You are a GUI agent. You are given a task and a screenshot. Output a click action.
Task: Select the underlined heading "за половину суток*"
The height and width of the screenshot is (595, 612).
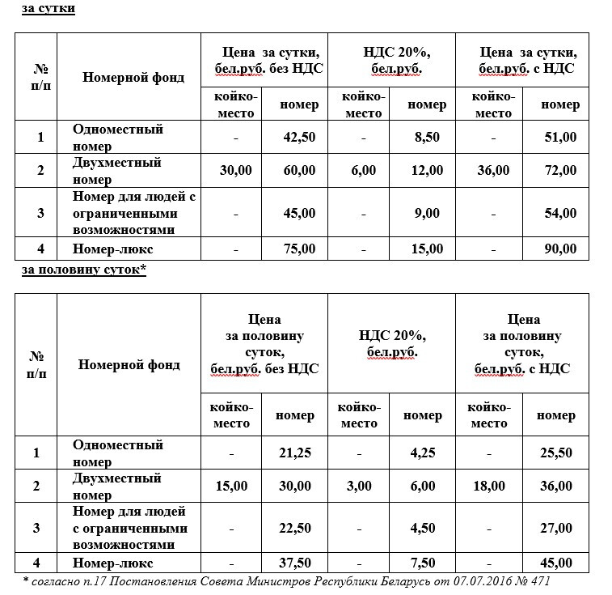point(82,270)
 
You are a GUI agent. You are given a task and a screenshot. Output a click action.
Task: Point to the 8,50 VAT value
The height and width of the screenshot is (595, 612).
point(426,137)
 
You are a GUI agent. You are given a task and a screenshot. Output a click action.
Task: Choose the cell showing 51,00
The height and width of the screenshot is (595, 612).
point(560,137)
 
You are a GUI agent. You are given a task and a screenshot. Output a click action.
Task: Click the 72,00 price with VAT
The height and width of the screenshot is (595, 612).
point(560,170)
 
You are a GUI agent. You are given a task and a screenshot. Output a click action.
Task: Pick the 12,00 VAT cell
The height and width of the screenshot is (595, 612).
point(426,170)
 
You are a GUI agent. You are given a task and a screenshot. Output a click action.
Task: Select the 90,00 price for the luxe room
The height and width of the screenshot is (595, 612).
point(560,249)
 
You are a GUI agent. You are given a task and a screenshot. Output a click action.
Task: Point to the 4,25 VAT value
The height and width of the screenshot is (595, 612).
point(423,453)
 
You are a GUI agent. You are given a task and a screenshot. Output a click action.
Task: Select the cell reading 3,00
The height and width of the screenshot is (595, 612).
point(359,486)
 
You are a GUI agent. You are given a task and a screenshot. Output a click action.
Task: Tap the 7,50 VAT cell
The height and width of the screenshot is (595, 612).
point(423,563)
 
